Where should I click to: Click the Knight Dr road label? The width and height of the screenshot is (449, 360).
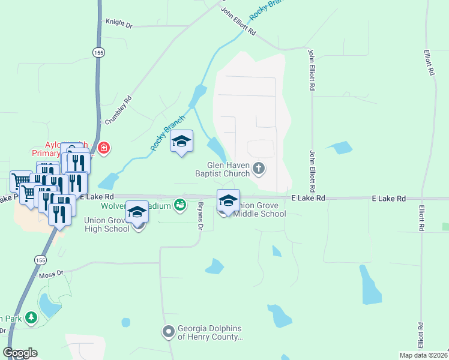(x=118, y=23)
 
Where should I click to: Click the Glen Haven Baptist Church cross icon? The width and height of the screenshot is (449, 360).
(x=259, y=168)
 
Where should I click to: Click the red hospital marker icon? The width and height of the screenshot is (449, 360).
(x=104, y=147)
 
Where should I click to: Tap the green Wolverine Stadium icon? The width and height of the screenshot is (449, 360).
(x=179, y=206)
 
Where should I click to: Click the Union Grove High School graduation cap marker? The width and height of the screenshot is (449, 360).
(x=137, y=213)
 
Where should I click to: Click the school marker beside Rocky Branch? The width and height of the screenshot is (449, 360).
(x=181, y=142)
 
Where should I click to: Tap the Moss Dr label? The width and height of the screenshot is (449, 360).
(x=50, y=274)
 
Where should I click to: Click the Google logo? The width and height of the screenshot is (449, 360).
(x=20, y=353)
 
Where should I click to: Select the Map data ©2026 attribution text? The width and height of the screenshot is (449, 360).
(x=423, y=355)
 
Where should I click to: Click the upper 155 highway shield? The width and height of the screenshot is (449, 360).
(x=98, y=53)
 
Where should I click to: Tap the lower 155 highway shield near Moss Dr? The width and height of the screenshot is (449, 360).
(x=40, y=260)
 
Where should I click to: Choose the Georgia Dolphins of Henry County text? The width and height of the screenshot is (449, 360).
(x=210, y=333)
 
